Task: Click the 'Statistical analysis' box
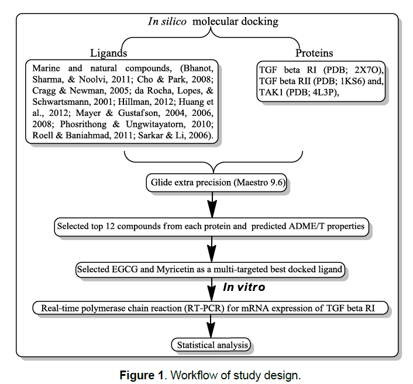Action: [x=212, y=345]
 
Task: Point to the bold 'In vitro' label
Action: [x=244, y=287]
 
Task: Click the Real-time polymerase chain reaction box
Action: [x=211, y=308]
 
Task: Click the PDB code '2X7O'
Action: [x=368, y=70]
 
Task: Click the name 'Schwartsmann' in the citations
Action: [x=63, y=101]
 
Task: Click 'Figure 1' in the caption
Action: [x=140, y=375]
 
